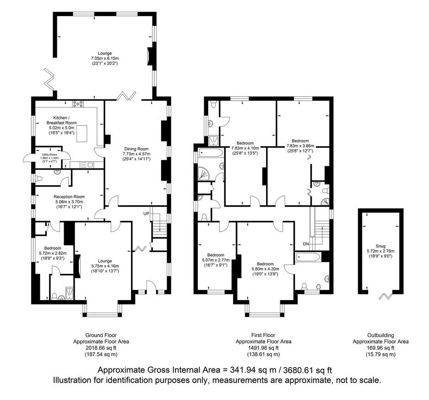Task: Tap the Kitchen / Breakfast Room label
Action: pos(61,121)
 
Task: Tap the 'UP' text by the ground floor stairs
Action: pos(147,214)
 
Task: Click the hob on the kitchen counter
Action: pos(78,104)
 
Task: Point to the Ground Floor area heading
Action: pos(101,335)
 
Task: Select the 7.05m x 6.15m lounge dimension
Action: pos(105,59)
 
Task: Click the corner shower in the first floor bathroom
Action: pos(202,173)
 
